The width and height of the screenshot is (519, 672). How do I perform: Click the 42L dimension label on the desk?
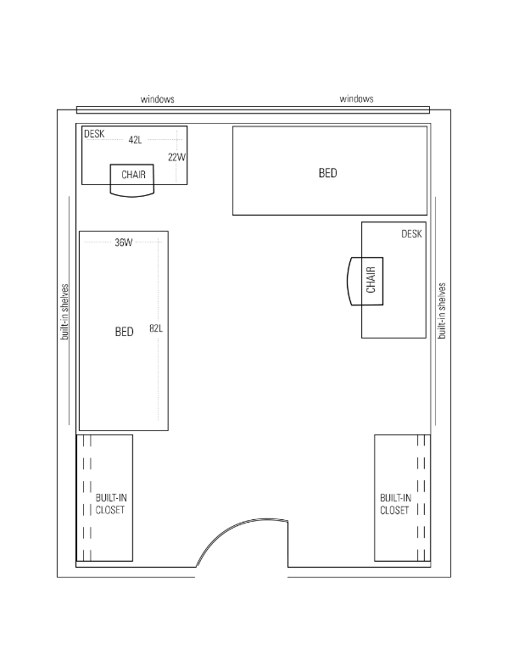coord(135,140)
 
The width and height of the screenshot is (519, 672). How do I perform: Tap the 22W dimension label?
coord(177,157)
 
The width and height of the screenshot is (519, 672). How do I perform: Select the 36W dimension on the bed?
coord(123,243)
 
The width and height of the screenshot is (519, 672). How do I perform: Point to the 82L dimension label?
coord(156,328)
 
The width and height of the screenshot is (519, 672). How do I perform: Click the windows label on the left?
coord(158,99)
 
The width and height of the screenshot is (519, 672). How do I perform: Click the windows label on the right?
coord(356,99)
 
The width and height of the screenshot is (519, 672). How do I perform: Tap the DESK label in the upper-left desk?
coord(94,134)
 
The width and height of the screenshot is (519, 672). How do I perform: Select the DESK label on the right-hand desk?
coord(411,233)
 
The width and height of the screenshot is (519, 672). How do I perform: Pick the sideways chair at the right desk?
coord(365,281)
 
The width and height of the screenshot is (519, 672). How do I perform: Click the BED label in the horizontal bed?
coord(327,173)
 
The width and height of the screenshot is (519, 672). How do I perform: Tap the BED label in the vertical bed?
coord(124,332)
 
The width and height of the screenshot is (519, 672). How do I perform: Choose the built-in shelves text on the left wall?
coord(64,311)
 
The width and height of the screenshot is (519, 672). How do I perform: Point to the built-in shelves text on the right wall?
coord(442,311)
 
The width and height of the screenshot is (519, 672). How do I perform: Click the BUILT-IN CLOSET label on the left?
coord(111,504)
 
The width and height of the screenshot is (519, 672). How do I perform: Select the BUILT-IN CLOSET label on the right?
coord(395,504)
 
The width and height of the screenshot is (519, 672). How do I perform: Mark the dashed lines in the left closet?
coord(87,498)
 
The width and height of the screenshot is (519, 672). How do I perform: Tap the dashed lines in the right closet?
coord(421,498)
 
